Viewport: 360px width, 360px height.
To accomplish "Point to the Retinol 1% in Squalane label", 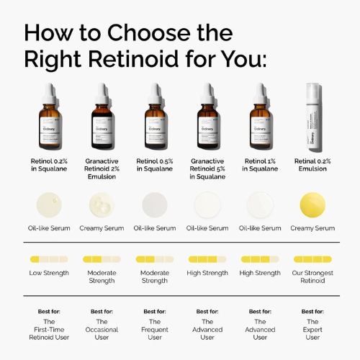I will pyautogui.click(x=260, y=165).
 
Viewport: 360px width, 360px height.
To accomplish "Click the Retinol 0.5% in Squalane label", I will pyautogui.click(x=154, y=165).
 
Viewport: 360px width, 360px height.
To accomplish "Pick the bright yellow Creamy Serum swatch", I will pyautogui.click(x=312, y=204).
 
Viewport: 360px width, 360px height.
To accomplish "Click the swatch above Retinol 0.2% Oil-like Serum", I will pyautogui.click(x=48, y=204).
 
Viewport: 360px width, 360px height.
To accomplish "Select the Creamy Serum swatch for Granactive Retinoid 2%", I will pyautogui.click(x=102, y=204).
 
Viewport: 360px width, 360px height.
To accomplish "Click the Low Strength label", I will pyautogui.click(x=48, y=273).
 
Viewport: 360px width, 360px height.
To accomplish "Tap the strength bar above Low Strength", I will pyautogui.click(x=48, y=258).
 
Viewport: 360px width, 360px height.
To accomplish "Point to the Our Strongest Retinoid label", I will pyautogui.click(x=312, y=277).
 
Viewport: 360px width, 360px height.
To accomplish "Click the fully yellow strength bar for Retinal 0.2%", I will pyautogui.click(x=312, y=258).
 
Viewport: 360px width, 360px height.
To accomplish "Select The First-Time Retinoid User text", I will pyautogui.click(x=48, y=329).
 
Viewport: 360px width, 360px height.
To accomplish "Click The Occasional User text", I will pyautogui.click(x=102, y=329).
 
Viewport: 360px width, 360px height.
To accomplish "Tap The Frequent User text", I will pyautogui.click(x=154, y=329).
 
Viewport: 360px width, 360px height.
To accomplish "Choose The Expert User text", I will pyautogui.click(x=312, y=329).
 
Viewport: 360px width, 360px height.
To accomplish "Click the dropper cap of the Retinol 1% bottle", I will pyautogui.click(x=260, y=92).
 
